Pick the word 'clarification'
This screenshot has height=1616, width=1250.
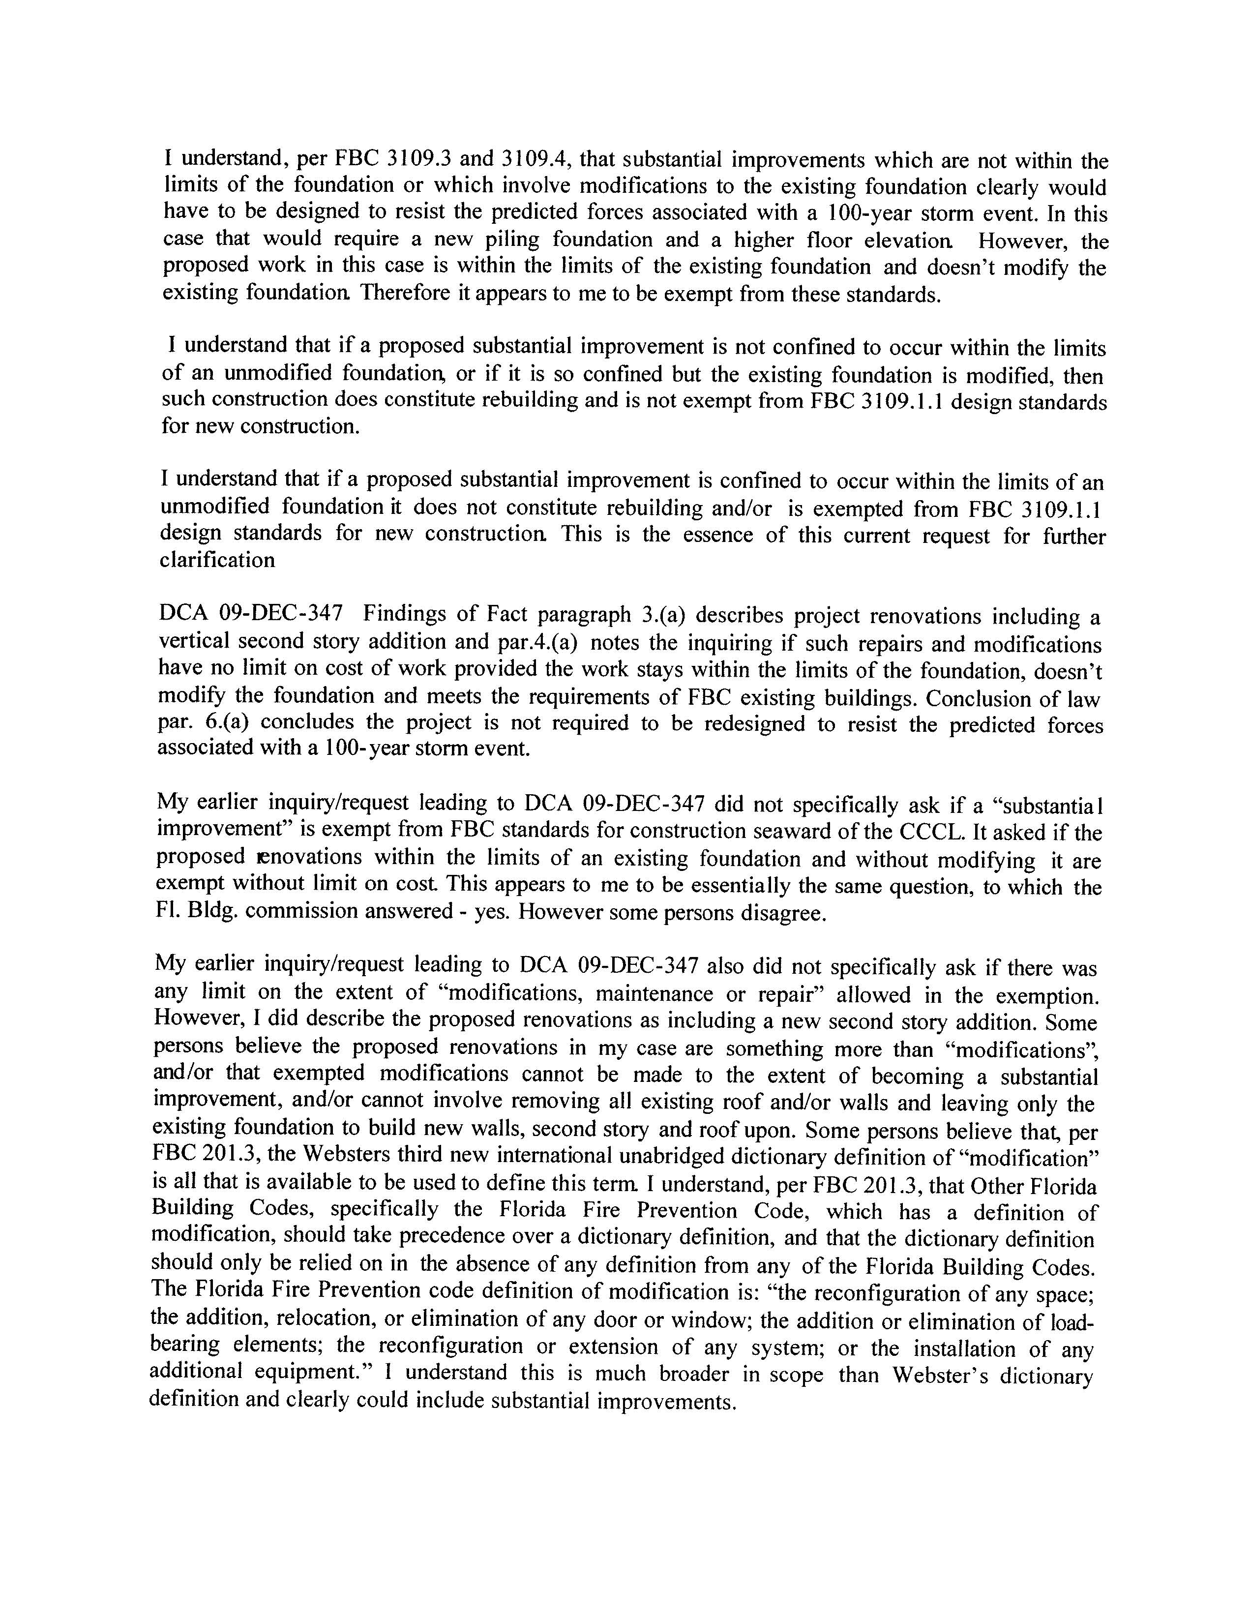[x=217, y=560]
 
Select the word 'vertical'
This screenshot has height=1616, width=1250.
[x=194, y=641]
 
